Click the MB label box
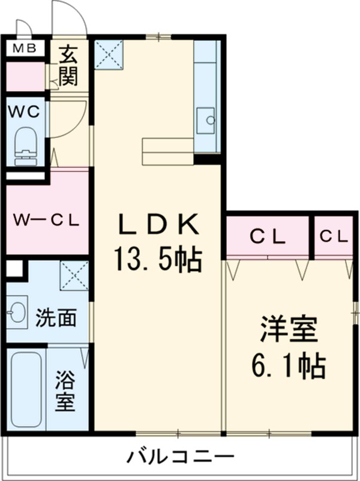tap(25, 48)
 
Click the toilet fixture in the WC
tap(26, 144)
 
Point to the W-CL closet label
tap(46, 220)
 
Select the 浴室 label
tap(66, 392)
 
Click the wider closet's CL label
tap(267, 236)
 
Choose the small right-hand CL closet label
tap(334, 236)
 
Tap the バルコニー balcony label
tap(180, 458)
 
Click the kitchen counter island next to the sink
tap(168, 150)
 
